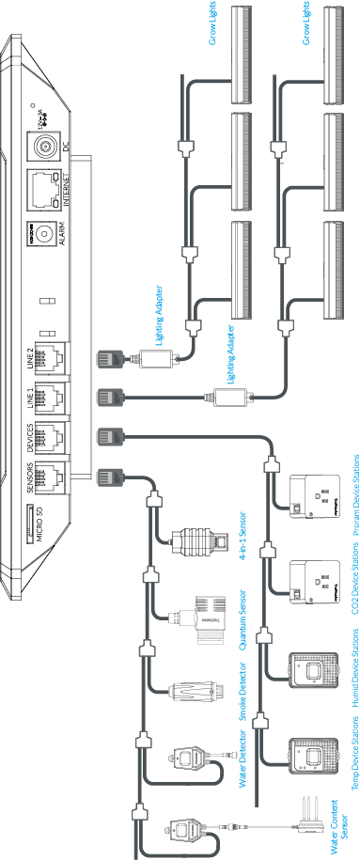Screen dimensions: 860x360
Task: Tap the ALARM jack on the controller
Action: [x=43, y=233]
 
